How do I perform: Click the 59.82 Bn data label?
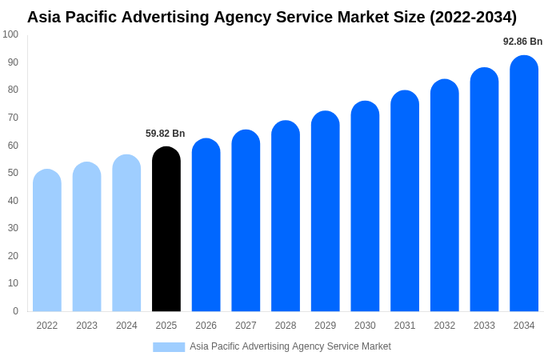pyautogui.click(x=165, y=134)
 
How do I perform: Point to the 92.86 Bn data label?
pyautogui.click(x=522, y=42)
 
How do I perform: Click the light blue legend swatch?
pyautogui.click(x=169, y=346)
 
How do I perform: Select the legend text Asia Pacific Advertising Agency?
pyautogui.click(x=256, y=346)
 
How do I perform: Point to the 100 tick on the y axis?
pyautogui.click(x=10, y=34)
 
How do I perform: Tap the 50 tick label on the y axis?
pyautogui.click(x=13, y=173)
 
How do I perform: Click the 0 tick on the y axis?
pyautogui.click(x=15, y=311)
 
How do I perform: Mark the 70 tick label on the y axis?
pyautogui.click(x=13, y=118)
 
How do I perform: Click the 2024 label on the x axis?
pyautogui.click(x=126, y=326)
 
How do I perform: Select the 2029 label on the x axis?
pyautogui.click(x=325, y=326)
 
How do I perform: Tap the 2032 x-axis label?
pyautogui.click(x=444, y=326)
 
